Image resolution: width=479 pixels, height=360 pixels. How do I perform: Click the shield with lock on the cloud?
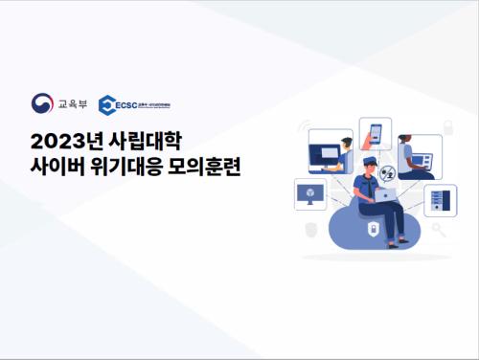click(x=371, y=229)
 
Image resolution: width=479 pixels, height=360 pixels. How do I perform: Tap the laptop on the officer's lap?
click(x=383, y=194)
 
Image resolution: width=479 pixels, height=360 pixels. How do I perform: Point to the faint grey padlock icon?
click(x=310, y=230)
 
